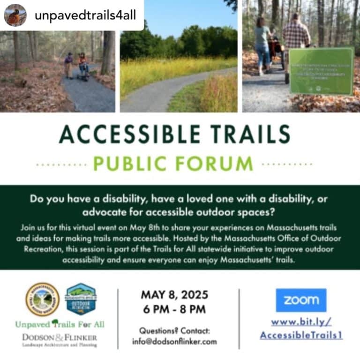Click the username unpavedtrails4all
click(x=85, y=15)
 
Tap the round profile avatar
click(x=15, y=15)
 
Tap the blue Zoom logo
click(x=301, y=300)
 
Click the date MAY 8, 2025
click(x=174, y=295)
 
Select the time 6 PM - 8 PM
click(x=174, y=309)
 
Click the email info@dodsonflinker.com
click(x=174, y=341)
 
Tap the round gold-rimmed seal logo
click(x=42, y=299)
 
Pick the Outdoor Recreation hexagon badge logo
click(x=81, y=299)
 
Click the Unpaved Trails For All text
click(x=60, y=324)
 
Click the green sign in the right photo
click(x=321, y=71)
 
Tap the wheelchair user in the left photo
click(x=83, y=66)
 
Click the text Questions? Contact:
click(x=174, y=331)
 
